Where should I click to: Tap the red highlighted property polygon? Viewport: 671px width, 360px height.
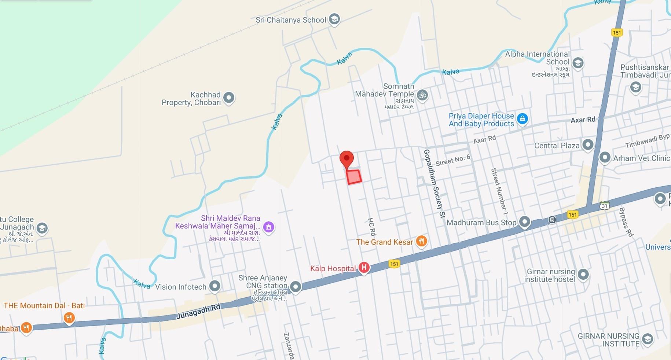[x=354, y=177]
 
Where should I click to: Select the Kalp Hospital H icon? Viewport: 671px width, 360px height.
[x=364, y=268]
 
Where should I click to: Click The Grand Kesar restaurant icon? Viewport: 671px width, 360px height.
[x=422, y=241]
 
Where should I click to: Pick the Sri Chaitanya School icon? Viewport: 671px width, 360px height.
[x=334, y=19]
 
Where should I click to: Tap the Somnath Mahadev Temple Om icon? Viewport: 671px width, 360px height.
[x=422, y=95]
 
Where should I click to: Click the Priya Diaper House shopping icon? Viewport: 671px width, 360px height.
[x=522, y=119]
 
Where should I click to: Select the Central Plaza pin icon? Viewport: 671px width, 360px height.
[x=588, y=145]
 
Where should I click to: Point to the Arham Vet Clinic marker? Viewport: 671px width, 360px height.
[x=604, y=158]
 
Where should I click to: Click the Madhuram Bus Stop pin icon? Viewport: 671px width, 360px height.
[x=525, y=221]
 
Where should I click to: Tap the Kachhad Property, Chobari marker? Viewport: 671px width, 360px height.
[x=229, y=98]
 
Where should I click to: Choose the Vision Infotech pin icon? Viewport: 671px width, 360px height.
[x=214, y=286]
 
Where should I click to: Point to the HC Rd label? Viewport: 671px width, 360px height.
[x=372, y=227]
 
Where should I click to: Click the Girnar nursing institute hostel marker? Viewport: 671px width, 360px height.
[x=583, y=274]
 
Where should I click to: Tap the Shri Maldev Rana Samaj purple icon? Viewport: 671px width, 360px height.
[x=268, y=227]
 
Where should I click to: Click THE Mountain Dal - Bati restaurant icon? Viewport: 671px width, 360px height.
[x=69, y=317]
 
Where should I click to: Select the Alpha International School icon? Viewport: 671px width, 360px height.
[x=578, y=63]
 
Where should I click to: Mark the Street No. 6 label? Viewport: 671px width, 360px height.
[x=453, y=160]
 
